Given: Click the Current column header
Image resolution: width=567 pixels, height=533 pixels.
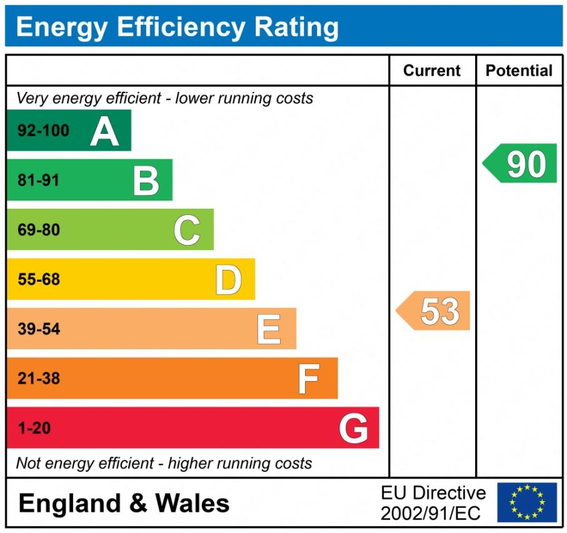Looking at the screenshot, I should (x=432, y=71).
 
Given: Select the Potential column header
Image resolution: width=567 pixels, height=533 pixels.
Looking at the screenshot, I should (x=519, y=71).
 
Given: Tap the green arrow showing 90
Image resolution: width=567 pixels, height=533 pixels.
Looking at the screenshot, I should (x=521, y=164).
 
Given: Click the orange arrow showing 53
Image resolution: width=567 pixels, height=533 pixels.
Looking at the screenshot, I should (x=435, y=311).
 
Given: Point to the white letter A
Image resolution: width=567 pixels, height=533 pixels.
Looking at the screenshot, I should (x=104, y=131).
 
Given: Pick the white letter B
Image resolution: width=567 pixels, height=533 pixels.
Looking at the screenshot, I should (x=146, y=181).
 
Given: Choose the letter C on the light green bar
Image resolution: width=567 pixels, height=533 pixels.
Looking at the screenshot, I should (x=187, y=230).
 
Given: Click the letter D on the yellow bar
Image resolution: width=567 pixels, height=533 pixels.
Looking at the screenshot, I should (x=228, y=279).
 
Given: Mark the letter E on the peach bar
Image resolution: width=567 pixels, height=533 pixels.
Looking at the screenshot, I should (x=269, y=329).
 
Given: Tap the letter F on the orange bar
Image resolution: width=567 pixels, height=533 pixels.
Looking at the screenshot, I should (x=309, y=379).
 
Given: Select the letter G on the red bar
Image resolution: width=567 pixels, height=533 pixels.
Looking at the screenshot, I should (x=353, y=428).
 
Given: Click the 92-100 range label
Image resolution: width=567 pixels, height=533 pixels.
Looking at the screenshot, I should (x=43, y=131).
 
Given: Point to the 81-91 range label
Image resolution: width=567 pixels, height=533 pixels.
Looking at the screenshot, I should (x=38, y=181).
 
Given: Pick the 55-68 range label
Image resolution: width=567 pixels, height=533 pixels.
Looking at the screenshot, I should (x=39, y=279).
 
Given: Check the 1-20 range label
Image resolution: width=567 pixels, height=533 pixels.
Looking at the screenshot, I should (x=34, y=429).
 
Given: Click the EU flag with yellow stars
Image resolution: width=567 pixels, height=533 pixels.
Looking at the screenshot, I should (x=527, y=502).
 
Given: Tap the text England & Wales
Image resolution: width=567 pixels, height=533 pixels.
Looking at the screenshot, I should (x=124, y=504).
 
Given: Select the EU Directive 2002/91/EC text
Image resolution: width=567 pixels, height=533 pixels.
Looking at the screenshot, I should (x=433, y=503).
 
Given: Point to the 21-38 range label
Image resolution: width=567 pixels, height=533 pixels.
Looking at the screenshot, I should (x=39, y=379).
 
